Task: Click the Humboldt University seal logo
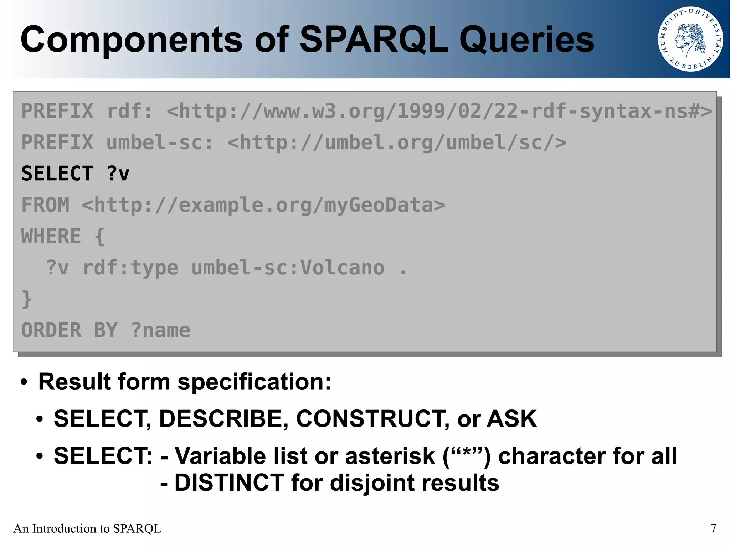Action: [x=690, y=39]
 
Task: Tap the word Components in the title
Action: [x=131, y=40]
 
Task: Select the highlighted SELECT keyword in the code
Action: [x=57, y=174]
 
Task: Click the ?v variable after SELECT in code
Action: [x=118, y=174]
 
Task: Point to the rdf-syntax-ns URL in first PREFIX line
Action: [x=439, y=111]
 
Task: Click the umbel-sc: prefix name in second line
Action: [x=160, y=142]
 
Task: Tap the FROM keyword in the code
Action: [x=45, y=205]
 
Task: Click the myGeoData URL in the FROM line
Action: [x=263, y=205]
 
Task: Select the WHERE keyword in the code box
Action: [x=51, y=236]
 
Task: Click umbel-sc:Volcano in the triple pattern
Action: [x=288, y=268]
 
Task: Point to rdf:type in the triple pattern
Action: [x=130, y=268]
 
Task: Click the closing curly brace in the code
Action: [x=27, y=299]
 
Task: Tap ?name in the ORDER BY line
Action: [x=160, y=330]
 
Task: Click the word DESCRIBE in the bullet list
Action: [x=223, y=418]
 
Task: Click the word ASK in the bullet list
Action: [x=511, y=418]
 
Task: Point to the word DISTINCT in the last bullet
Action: [x=229, y=483]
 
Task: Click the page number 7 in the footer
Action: [x=713, y=528]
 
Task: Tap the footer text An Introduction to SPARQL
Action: [x=87, y=528]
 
